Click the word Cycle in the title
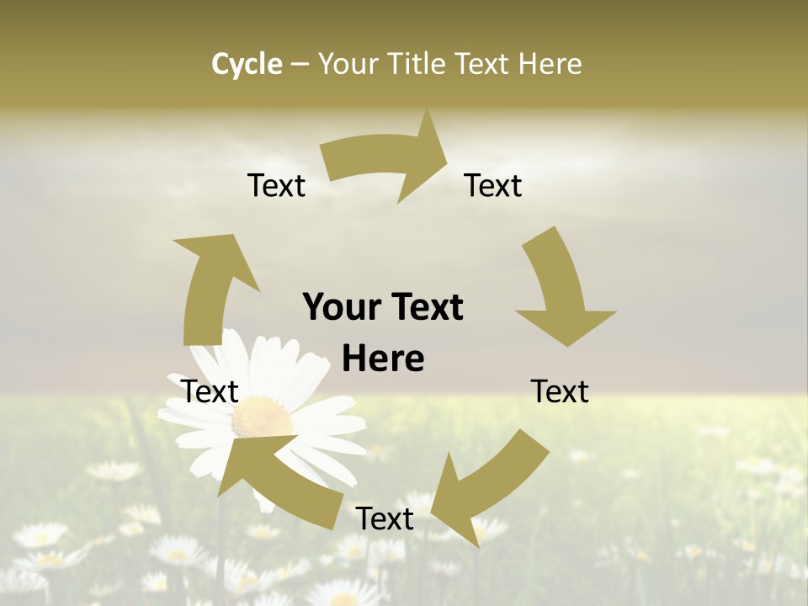click(x=247, y=64)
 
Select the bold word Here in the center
click(x=383, y=359)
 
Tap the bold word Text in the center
click(x=426, y=307)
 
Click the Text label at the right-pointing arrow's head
click(x=493, y=185)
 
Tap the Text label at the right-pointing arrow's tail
click(x=276, y=185)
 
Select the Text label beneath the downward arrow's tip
click(x=560, y=391)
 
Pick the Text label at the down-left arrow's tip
click(x=385, y=518)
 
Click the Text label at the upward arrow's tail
click(x=210, y=391)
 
